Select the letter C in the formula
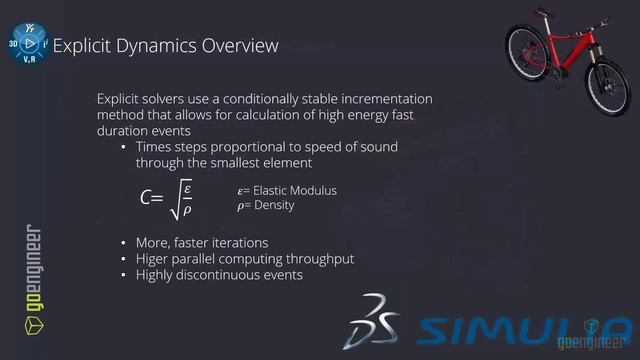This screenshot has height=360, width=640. click(146, 198)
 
